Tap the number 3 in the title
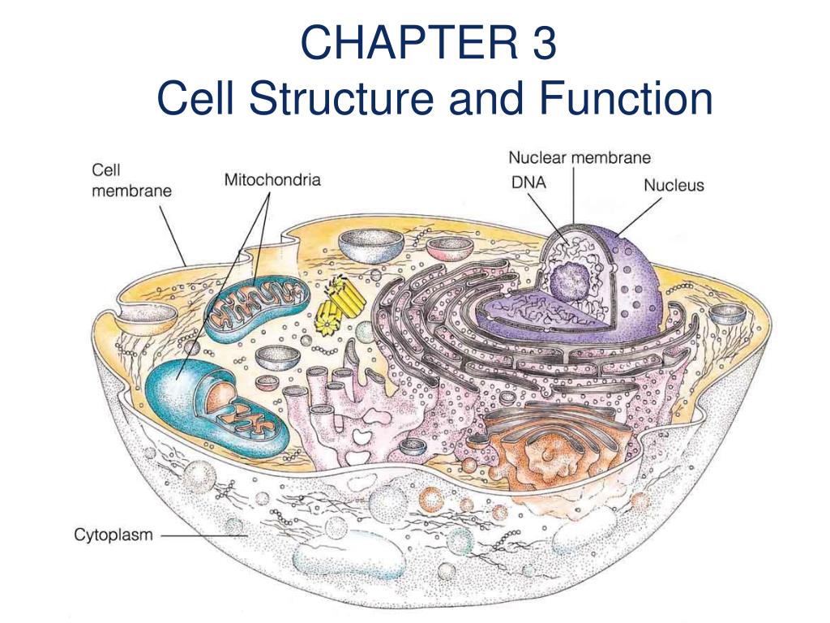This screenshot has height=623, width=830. pos(544,44)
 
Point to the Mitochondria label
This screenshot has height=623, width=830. pos(272,179)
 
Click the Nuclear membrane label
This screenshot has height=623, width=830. pos(579,158)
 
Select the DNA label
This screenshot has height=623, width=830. pos(528,183)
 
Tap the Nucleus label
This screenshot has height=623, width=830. pos(674,185)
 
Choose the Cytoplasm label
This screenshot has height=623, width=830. pos(113,535)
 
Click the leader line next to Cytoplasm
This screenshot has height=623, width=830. pos(203,535)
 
